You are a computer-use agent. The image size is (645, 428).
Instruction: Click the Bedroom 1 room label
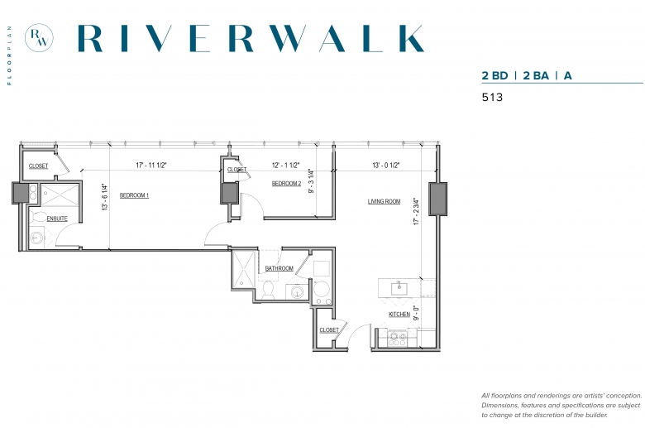click(x=134, y=195)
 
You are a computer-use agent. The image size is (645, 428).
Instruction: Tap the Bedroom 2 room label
click(x=286, y=183)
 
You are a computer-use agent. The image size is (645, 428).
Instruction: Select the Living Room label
click(x=384, y=201)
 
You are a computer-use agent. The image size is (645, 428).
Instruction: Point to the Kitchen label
click(x=399, y=315)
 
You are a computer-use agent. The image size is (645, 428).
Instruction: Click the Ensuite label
click(x=57, y=219)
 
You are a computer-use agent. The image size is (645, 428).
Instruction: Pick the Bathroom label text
click(x=279, y=268)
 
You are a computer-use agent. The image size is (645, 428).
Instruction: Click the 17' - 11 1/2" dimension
click(x=151, y=166)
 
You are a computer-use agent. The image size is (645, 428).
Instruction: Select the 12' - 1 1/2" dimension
click(x=285, y=166)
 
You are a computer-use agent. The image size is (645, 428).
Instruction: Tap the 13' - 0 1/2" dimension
click(x=386, y=166)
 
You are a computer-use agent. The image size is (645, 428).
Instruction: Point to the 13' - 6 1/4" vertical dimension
click(x=105, y=198)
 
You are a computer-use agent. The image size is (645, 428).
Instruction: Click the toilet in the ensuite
click(x=37, y=217)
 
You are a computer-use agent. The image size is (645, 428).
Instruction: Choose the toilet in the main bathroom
click(x=268, y=290)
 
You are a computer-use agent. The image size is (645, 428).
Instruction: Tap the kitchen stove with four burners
click(x=398, y=339)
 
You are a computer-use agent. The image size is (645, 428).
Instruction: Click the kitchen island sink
click(x=399, y=288)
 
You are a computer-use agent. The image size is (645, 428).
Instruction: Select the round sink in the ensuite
click(x=37, y=238)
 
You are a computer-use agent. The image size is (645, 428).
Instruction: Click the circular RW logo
click(x=39, y=38)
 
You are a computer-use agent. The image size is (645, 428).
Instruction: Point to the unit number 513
click(x=492, y=97)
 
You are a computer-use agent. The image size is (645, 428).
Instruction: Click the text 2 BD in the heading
click(x=494, y=76)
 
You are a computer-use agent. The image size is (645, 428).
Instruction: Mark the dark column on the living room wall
click(x=437, y=199)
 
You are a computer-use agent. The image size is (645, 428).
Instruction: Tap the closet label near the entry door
click(x=329, y=330)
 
